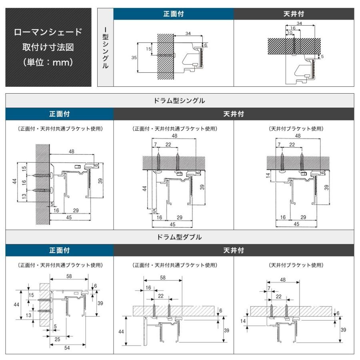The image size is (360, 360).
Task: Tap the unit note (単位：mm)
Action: pos(48,62)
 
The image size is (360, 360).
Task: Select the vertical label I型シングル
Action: pos(105,47)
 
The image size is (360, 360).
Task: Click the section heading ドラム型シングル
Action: pos(180,101)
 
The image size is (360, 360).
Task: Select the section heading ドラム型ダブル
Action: pos(180,237)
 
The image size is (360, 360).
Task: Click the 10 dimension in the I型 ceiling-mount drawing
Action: pos(290,33)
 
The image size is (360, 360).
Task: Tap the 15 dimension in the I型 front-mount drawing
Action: pos(148,49)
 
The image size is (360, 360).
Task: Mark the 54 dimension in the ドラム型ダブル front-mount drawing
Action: pos(67,348)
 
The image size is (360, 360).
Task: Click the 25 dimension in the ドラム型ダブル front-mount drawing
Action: pos(58,339)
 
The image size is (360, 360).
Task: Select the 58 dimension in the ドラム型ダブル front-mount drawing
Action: pos(69,276)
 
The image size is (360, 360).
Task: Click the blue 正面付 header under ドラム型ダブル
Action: pos(59,250)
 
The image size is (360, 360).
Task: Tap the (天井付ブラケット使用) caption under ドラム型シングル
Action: pos(296,129)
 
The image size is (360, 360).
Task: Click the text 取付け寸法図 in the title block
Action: pos(48,47)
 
